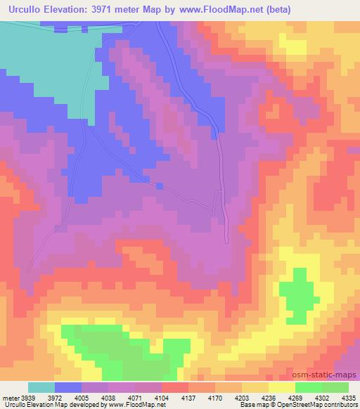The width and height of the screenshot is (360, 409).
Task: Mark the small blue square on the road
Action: click(160, 186)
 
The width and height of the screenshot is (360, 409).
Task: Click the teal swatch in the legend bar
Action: click(41, 387)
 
